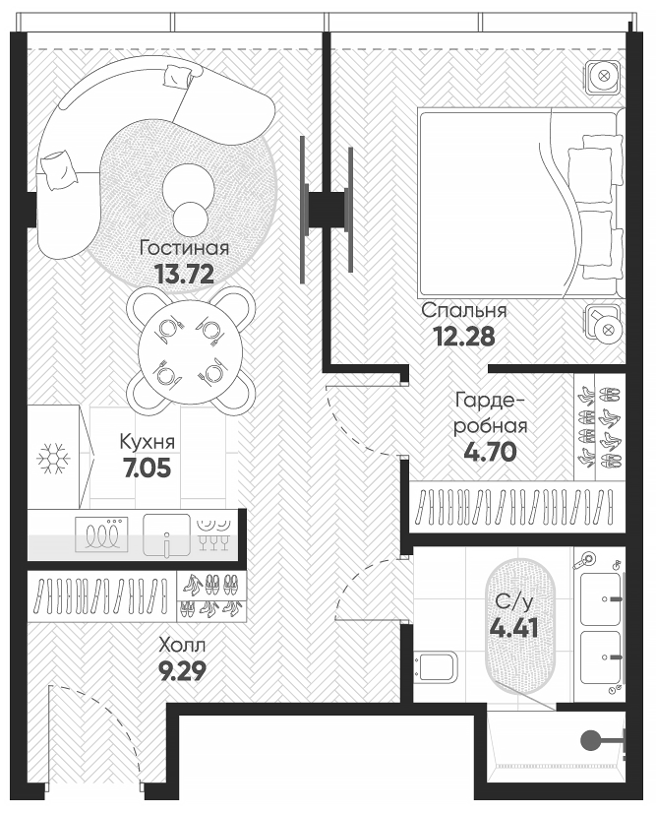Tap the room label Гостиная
184,247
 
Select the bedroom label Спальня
464,310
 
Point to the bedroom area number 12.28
463,336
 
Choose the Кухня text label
148,441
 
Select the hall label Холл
183,647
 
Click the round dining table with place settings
190,348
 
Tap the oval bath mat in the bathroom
518,626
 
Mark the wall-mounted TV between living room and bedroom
327,208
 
